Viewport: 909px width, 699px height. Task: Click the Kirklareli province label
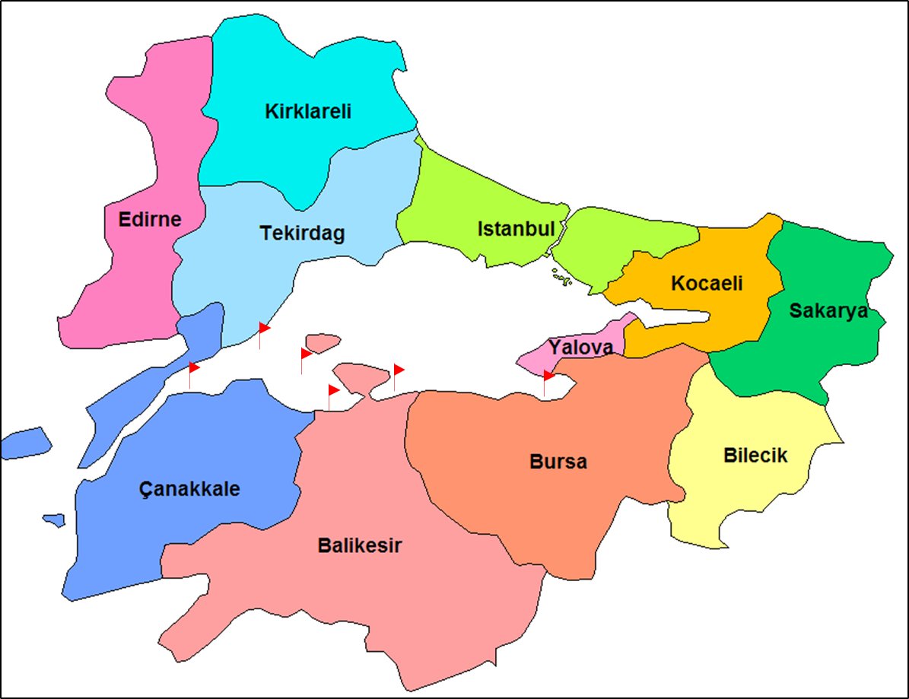[x=308, y=112]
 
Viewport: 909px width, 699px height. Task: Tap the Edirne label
[x=150, y=220]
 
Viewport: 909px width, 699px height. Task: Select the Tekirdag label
[x=302, y=233]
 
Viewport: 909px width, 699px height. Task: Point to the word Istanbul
[x=516, y=228]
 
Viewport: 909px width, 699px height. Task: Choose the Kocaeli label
[x=707, y=284]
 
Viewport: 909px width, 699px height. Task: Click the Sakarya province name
[x=828, y=310]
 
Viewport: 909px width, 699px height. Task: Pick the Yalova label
[x=581, y=348]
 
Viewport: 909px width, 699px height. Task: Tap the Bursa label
[x=558, y=462]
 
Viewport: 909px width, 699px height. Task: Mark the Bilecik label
[x=755, y=456]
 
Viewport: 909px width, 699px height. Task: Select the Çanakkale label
[x=189, y=488]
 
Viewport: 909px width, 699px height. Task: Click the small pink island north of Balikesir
[x=323, y=343]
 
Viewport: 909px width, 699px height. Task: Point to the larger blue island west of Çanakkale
[x=26, y=443]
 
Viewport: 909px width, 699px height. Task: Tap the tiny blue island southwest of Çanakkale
[x=54, y=520]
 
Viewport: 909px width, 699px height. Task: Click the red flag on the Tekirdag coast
[x=264, y=328]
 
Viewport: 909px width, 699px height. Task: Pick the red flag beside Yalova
[x=548, y=376]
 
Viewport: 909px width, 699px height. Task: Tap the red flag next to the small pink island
[x=306, y=354]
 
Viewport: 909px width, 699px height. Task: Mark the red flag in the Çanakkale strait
[x=194, y=368]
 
